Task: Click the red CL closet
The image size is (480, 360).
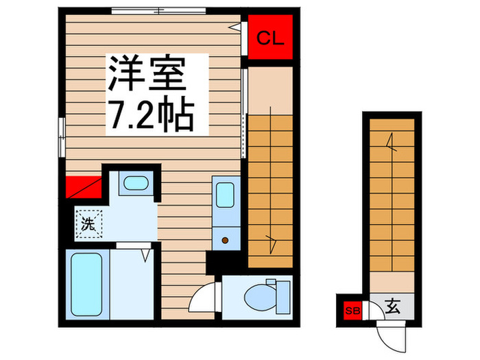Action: click(x=269, y=38)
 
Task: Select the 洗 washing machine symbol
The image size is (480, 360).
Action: click(x=88, y=222)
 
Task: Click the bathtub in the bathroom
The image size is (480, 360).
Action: click(x=87, y=283)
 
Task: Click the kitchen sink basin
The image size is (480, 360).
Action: click(x=224, y=194)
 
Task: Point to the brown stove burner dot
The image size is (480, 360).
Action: click(x=224, y=240)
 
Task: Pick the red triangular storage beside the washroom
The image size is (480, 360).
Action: click(x=82, y=187)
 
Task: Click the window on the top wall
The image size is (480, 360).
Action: click(x=158, y=10)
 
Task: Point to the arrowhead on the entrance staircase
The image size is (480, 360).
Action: click(x=391, y=144)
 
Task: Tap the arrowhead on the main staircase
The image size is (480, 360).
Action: click(x=272, y=240)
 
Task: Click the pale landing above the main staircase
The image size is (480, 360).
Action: click(x=270, y=88)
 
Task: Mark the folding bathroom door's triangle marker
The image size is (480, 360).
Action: click(x=145, y=255)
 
